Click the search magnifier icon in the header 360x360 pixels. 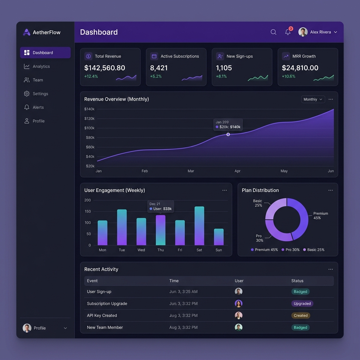tap(273, 32)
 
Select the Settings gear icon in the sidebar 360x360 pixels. tap(27, 94)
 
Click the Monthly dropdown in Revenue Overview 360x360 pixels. tap(313, 99)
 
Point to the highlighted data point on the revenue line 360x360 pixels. tap(228, 134)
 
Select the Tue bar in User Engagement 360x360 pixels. tap(122, 227)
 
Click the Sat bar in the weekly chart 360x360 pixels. tap(199, 226)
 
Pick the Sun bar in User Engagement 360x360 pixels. tap(219, 237)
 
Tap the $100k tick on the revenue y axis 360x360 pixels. tap(89, 128)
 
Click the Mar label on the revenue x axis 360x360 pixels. tap(191, 171)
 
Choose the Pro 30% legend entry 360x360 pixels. tap(290, 250)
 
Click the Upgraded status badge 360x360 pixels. tap(302, 303)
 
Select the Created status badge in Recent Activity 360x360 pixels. tap(301, 315)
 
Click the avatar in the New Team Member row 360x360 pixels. tap(239, 327)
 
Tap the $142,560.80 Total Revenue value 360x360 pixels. tap(105, 68)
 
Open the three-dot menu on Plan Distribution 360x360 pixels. tap(330, 190)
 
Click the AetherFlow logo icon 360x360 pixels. tap(27, 32)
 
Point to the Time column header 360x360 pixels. tap(174, 281)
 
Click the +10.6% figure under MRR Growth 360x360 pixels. tap(289, 76)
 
